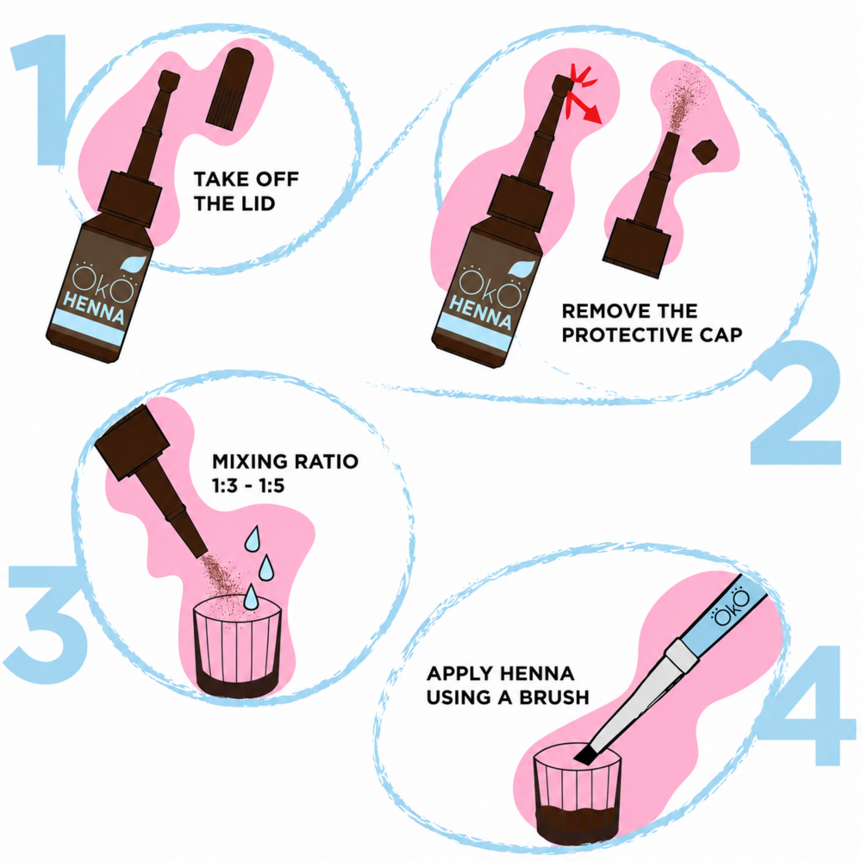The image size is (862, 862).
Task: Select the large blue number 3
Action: click(x=47, y=624)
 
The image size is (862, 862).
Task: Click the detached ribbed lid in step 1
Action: click(x=230, y=89)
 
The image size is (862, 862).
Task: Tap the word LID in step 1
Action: click(x=256, y=204)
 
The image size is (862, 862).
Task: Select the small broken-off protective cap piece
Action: click(x=705, y=151)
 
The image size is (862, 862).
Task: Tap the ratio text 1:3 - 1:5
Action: click(x=248, y=486)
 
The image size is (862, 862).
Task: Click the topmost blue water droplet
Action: click(x=253, y=539)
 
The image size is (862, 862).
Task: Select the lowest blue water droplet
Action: click(x=251, y=597)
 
